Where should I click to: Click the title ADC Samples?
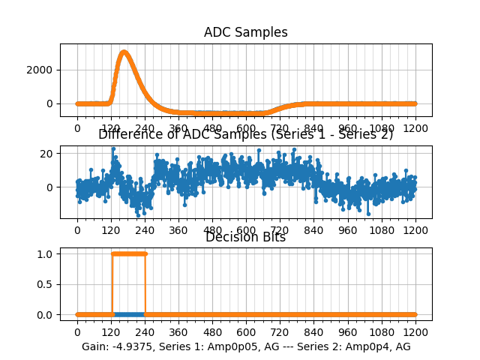[245, 32]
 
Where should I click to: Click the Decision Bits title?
[245, 237]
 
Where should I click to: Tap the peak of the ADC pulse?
[124, 52]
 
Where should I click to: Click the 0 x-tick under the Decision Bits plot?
[76, 332]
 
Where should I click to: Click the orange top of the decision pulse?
[128, 253]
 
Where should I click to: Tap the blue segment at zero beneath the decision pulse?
[128, 314]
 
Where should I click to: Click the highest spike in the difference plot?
[112, 148]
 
